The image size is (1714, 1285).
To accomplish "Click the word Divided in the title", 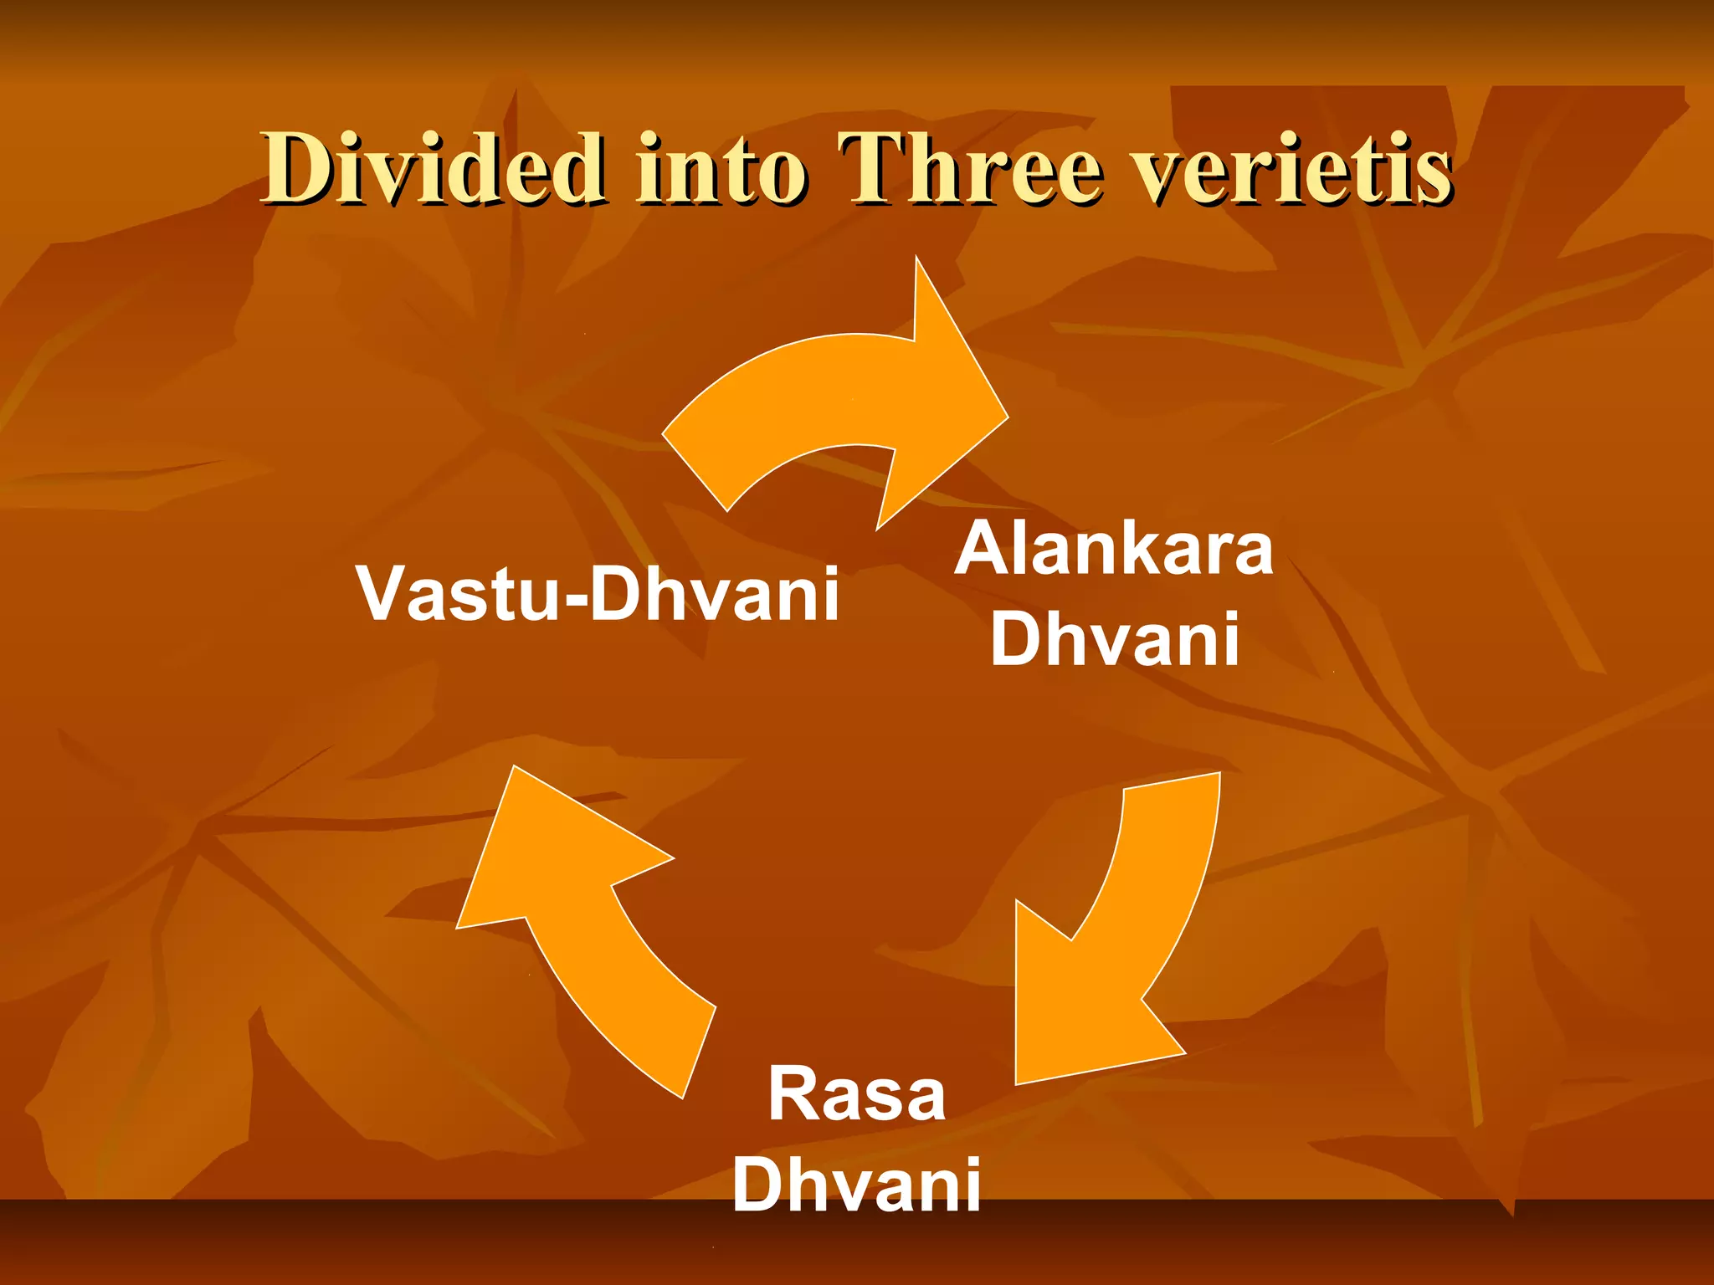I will tap(432, 169).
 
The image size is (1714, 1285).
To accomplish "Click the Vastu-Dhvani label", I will tap(597, 593).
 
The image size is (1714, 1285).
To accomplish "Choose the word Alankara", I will tap(1114, 549).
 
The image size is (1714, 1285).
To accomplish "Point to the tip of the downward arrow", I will tap(1018, 1083).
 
